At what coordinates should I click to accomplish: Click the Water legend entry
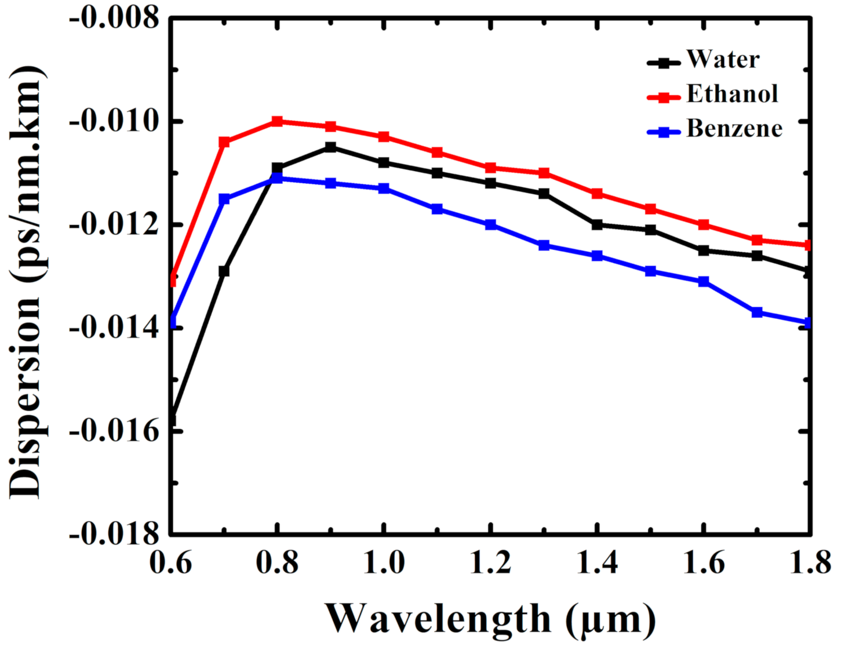pyautogui.click(x=723, y=59)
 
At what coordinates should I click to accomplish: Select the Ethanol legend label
pyautogui.click(x=732, y=94)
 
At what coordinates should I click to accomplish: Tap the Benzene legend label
pyautogui.click(x=734, y=129)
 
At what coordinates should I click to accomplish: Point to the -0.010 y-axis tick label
pyautogui.click(x=114, y=121)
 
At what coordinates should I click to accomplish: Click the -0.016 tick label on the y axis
pyautogui.click(x=114, y=431)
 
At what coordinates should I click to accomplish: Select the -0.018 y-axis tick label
pyautogui.click(x=114, y=534)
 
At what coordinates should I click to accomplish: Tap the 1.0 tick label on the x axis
pyautogui.click(x=384, y=562)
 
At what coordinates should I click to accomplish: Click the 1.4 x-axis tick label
pyautogui.click(x=597, y=562)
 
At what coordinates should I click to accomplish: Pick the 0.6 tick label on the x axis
pyautogui.click(x=170, y=562)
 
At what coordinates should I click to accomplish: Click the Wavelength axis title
pyautogui.click(x=490, y=618)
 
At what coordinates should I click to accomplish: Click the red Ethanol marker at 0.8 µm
pyautogui.click(x=278, y=121)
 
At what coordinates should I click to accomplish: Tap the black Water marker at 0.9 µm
pyautogui.click(x=330, y=147)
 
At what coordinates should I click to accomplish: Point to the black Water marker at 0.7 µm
pyautogui.click(x=224, y=271)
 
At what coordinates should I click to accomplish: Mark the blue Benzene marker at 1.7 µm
pyautogui.click(x=757, y=312)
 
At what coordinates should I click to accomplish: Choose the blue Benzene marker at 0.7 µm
pyautogui.click(x=224, y=199)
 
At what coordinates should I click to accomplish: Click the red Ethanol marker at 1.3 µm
pyautogui.click(x=544, y=173)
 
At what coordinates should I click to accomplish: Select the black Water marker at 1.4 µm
pyautogui.click(x=597, y=224)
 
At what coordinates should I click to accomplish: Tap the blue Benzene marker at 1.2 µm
pyautogui.click(x=491, y=224)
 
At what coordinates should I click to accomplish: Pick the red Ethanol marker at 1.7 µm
pyautogui.click(x=757, y=239)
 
